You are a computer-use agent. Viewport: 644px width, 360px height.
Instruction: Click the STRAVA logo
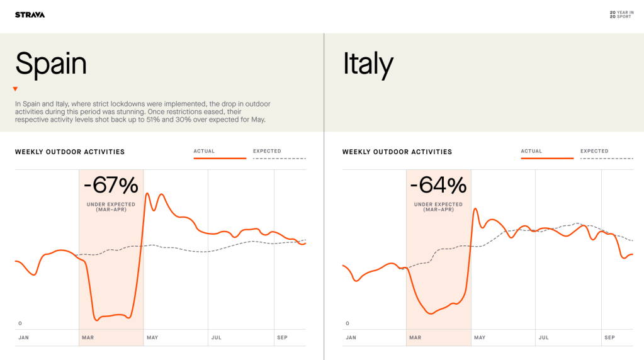[x=30, y=14]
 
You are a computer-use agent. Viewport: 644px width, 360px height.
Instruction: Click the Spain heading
[x=51, y=64]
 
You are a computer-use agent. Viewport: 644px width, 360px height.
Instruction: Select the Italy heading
[x=368, y=64]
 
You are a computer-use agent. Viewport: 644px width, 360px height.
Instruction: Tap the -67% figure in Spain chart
[x=111, y=186]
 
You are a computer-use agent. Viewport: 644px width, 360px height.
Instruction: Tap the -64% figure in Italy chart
[x=438, y=186]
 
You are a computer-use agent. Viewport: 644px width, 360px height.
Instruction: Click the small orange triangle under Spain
[x=15, y=89]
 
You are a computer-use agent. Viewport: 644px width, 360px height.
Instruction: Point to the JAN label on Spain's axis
[x=23, y=338]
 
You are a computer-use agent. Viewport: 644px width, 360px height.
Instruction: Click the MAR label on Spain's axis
[x=88, y=338]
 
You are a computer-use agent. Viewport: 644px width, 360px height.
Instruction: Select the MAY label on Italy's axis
[x=480, y=338]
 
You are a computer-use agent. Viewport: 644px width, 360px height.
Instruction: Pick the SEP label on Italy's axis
[x=609, y=338]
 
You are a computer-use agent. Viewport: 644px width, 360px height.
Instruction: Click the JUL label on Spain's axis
[x=217, y=338]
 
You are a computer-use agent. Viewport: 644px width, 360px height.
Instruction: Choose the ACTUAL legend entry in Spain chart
[x=204, y=151]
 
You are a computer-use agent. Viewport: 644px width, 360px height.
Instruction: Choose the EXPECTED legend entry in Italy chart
[x=594, y=151]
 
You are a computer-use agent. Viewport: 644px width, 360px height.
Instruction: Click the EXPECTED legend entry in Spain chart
[x=267, y=151]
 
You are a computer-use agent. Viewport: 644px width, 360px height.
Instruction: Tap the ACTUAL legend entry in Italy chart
[x=531, y=151]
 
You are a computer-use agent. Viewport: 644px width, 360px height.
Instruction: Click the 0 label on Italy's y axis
[x=347, y=323]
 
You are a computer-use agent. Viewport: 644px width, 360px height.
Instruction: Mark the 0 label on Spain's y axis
[x=20, y=323]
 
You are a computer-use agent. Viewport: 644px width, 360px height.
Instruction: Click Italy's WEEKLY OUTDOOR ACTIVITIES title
[x=397, y=152]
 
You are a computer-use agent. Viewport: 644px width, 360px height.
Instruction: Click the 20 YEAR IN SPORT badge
[x=621, y=14]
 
